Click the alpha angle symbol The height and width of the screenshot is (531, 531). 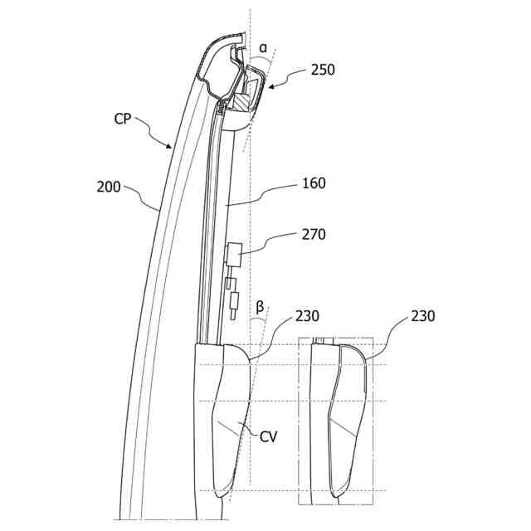[x=263, y=48]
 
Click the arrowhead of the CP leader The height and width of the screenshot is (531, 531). [x=173, y=148]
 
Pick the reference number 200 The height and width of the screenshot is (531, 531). [x=110, y=188]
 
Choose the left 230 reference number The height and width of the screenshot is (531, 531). [x=307, y=316]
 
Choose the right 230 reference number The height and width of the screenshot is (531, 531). [x=422, y=316]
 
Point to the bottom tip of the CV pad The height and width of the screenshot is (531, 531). [x=222, y=495]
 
